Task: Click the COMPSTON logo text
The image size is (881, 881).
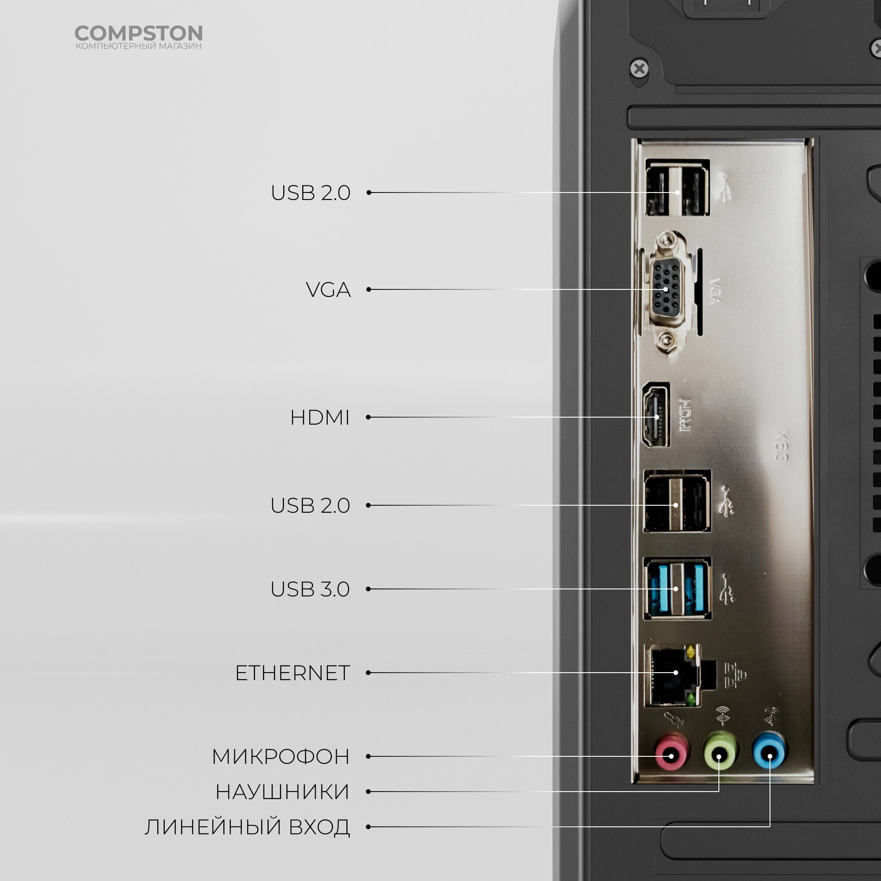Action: (138, 33)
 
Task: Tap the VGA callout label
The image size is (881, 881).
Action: (328, 289)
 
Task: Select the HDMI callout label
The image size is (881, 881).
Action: (320, 417)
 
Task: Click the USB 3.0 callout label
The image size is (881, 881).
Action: (310, 589)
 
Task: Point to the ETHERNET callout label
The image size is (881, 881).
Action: (293, 673)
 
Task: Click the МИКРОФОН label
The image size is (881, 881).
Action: (281, 756)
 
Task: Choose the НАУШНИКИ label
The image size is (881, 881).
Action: (282, 792)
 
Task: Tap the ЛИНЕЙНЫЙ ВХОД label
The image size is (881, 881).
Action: (248, 827)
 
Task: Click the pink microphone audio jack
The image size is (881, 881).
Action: (671, 756)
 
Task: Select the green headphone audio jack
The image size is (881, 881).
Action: (719, 756)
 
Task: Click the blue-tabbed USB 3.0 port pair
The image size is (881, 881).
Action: (677, 589)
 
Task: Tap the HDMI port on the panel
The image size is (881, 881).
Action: (656, 415)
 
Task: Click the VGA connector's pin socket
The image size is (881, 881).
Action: (666, 289)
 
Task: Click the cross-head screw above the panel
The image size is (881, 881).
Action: (639, 69)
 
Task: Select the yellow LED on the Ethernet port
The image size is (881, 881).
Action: (692, 651)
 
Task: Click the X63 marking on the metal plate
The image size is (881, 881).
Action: (781, 445)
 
